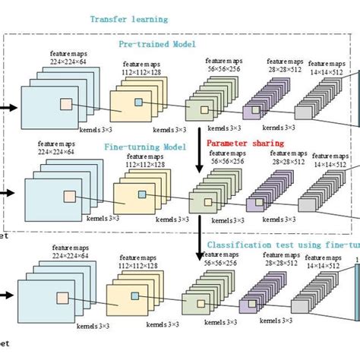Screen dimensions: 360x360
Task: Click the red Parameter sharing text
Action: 245,142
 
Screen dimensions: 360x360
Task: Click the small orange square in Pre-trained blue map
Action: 67,104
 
